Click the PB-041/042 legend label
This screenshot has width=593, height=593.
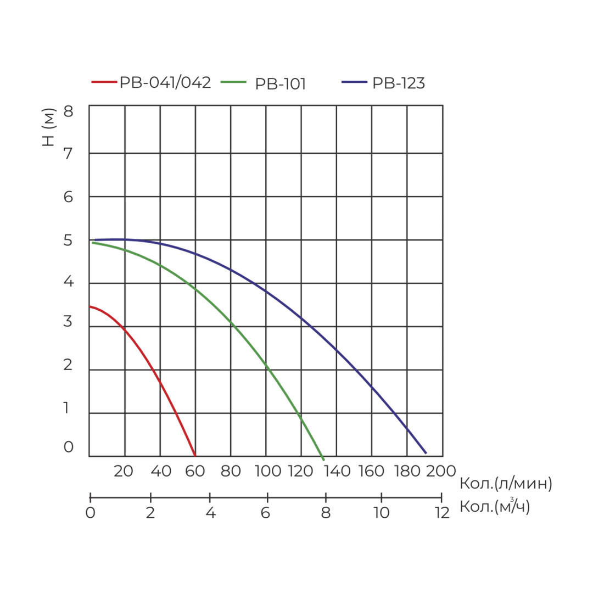tap(165, 83)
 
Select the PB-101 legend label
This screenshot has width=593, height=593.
tap(280, 84)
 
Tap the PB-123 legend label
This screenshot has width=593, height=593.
tap(399, 83)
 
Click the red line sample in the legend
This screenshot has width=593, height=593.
tap(104, 82)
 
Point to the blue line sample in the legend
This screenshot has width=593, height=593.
tap(354, 82)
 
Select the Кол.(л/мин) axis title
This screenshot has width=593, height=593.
tap(506, 484)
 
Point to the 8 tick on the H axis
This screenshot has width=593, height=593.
tap(68, 111)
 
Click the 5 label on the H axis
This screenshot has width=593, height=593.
tap(68, 240)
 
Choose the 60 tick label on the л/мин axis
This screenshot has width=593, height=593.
tap(196, 471)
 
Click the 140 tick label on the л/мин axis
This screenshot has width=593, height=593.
tap(337, 471)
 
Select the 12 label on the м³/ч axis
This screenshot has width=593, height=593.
tap(441, 513)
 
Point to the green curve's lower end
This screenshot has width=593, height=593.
tap(323, 460)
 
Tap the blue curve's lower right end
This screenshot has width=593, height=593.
tap(426, 453)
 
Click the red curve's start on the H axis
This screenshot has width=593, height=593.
tap(90, 306)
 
